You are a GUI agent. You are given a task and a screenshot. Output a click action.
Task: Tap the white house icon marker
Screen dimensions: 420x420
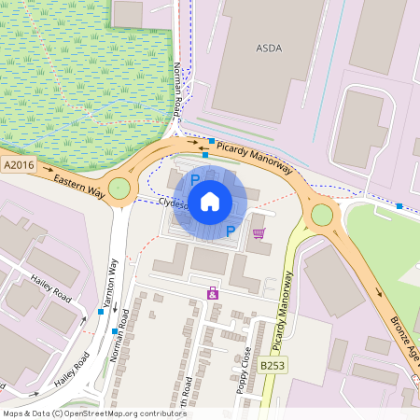(210, 201)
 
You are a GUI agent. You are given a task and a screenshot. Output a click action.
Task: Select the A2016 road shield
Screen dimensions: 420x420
(19, 165)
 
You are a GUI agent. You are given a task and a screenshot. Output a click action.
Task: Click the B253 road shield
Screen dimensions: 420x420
(272, 366)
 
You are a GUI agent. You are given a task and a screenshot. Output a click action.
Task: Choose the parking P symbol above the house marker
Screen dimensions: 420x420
(195, 178)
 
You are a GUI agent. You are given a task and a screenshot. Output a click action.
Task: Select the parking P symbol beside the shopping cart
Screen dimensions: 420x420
(231, 231)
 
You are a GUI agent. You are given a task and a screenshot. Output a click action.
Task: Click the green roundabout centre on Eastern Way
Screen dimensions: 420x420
(119, 189)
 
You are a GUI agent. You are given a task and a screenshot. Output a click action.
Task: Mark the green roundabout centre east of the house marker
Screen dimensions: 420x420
(322, 215)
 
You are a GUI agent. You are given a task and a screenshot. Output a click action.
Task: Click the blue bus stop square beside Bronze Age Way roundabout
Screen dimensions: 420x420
(399, 205)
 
